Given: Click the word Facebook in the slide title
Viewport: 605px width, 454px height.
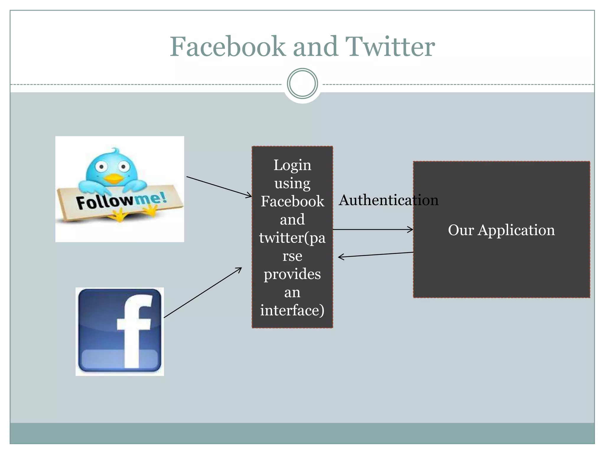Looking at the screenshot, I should tap(227, 46).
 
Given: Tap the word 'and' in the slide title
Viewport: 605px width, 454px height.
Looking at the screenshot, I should tap(315, 46).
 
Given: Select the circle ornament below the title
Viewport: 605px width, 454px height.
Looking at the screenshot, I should tap(302, 84).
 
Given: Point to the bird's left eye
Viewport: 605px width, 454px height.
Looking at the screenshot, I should tap(101, 167).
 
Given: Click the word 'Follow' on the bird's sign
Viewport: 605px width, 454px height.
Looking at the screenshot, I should tap(104, 202).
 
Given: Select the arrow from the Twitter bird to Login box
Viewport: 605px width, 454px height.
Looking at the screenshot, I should tap(219, 187).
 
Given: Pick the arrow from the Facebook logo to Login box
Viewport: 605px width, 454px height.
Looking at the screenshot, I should tap(203, 292).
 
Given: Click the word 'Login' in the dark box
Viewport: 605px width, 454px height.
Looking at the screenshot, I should tap(292, 165).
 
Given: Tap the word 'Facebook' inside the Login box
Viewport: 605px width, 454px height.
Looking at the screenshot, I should tap(292, 201).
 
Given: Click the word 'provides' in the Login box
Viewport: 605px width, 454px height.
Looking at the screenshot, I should tap(292, 274).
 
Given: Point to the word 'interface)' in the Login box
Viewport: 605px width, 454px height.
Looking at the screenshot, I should tap(292, 310).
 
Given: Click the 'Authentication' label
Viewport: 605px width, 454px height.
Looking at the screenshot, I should tap(388, 200).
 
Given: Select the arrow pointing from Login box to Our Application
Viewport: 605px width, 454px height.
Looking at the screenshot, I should tap(373, 229).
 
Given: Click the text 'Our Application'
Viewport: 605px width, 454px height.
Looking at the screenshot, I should tap(501, 230).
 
